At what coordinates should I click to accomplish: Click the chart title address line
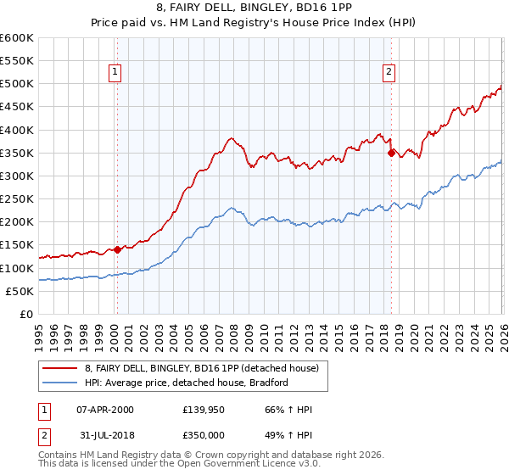point(255,9)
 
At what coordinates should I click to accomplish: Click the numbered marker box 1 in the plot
point(115,73)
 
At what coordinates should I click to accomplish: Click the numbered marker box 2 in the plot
point(389,73)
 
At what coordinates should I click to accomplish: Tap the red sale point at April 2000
point(118,249)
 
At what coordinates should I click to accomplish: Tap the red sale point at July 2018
point(391,154)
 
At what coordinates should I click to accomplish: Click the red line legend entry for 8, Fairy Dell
point(201,368)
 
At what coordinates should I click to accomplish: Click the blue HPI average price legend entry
point(187,383)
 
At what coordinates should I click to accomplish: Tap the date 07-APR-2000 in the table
point(104,410)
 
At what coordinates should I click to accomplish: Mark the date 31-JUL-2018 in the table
point(104,435)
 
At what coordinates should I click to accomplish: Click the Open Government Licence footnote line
point(178,465)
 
